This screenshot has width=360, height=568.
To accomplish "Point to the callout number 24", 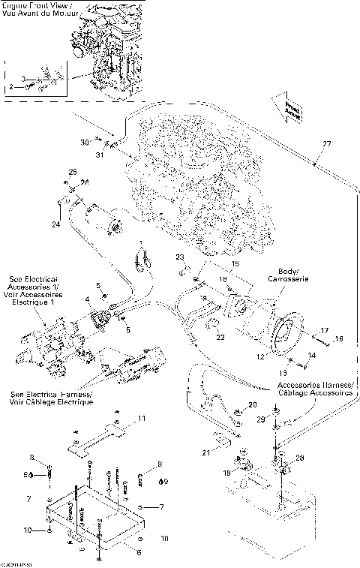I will click(x=55, y=224).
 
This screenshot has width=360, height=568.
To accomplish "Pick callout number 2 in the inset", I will click(x=12, y=88).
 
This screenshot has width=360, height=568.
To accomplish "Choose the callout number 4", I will click(x=88, y=300).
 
